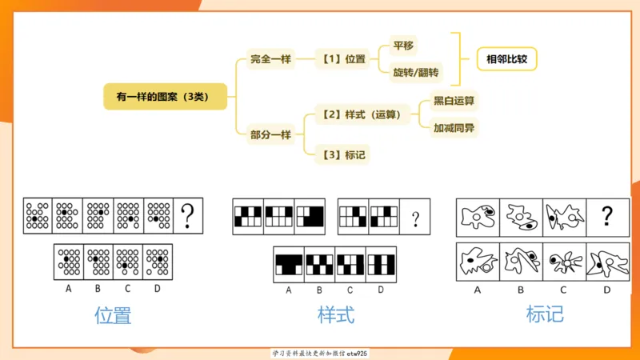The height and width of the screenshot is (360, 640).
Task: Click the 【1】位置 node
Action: [344, 59]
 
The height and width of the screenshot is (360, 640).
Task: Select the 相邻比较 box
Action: [506, 59]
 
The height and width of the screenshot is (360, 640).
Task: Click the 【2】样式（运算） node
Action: [363, 115]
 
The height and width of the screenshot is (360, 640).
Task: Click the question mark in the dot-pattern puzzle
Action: [189, 214]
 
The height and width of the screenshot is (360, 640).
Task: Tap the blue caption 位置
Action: [113, 314]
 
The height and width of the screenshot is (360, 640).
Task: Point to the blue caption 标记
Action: [545, 314]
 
